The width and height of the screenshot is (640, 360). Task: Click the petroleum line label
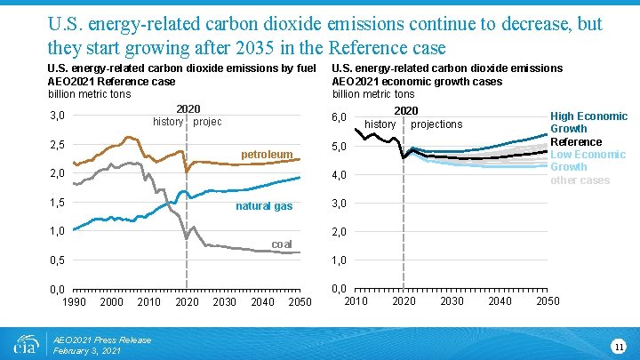click(267, 155)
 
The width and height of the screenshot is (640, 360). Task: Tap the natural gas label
click(263, 206)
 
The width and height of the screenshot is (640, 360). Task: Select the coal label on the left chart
click(282, 244)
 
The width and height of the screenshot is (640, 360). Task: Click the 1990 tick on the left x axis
click(74, 302)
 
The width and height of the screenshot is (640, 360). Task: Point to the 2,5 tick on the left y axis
click(57, 145)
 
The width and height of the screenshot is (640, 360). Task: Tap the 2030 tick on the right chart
click(452, 300)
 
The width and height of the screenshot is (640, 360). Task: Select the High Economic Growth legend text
click(588, 123)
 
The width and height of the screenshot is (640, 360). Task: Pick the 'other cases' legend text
click(580, 180)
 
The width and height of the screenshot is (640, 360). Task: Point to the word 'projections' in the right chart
click(436, 124)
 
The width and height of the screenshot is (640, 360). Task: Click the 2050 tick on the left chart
click(300, 302)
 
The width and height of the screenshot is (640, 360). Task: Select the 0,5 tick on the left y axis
click(57, 260)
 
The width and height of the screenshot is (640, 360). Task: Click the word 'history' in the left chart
click(168, 122)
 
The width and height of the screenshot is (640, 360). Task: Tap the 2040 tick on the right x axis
click(500, 300)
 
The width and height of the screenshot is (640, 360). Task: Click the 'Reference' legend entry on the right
click(575, 141)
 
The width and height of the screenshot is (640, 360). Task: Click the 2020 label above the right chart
click(405, 111)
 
